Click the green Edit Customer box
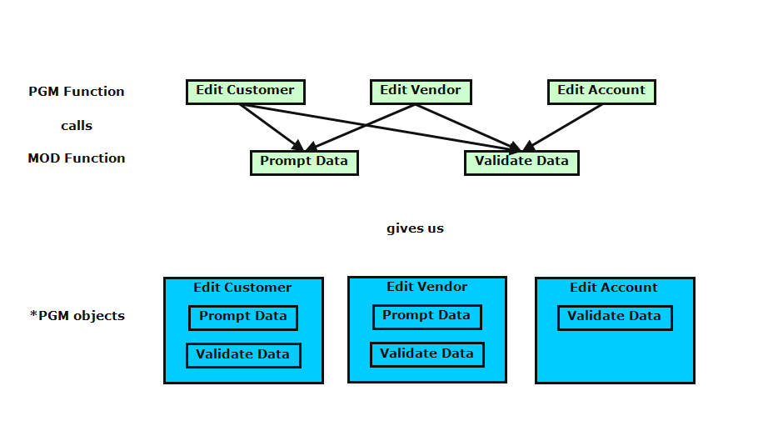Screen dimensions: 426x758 (245, 91)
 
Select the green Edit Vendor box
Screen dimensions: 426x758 (421, 91)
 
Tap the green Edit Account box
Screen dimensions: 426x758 (601, 91)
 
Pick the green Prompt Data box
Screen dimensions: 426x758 (304, 162)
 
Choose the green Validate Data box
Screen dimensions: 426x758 (521, 162)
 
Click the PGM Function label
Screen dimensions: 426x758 (77, 92)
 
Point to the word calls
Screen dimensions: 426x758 (77, 126)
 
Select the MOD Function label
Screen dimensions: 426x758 (77, 158)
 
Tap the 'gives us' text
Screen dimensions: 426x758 (415, 228)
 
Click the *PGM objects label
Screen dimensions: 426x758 (77, 316)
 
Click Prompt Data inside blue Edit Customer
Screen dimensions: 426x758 (242, 317)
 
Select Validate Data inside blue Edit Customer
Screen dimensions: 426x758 (242, 354)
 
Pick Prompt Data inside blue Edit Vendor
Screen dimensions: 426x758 (426, 316)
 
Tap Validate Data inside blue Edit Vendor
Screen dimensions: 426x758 (426, 353)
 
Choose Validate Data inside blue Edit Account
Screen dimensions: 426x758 (614, 317)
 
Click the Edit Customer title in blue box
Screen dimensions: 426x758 (242, 288)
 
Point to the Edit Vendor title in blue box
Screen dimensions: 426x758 (426, 287)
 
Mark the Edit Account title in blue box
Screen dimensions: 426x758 (614, 288)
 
